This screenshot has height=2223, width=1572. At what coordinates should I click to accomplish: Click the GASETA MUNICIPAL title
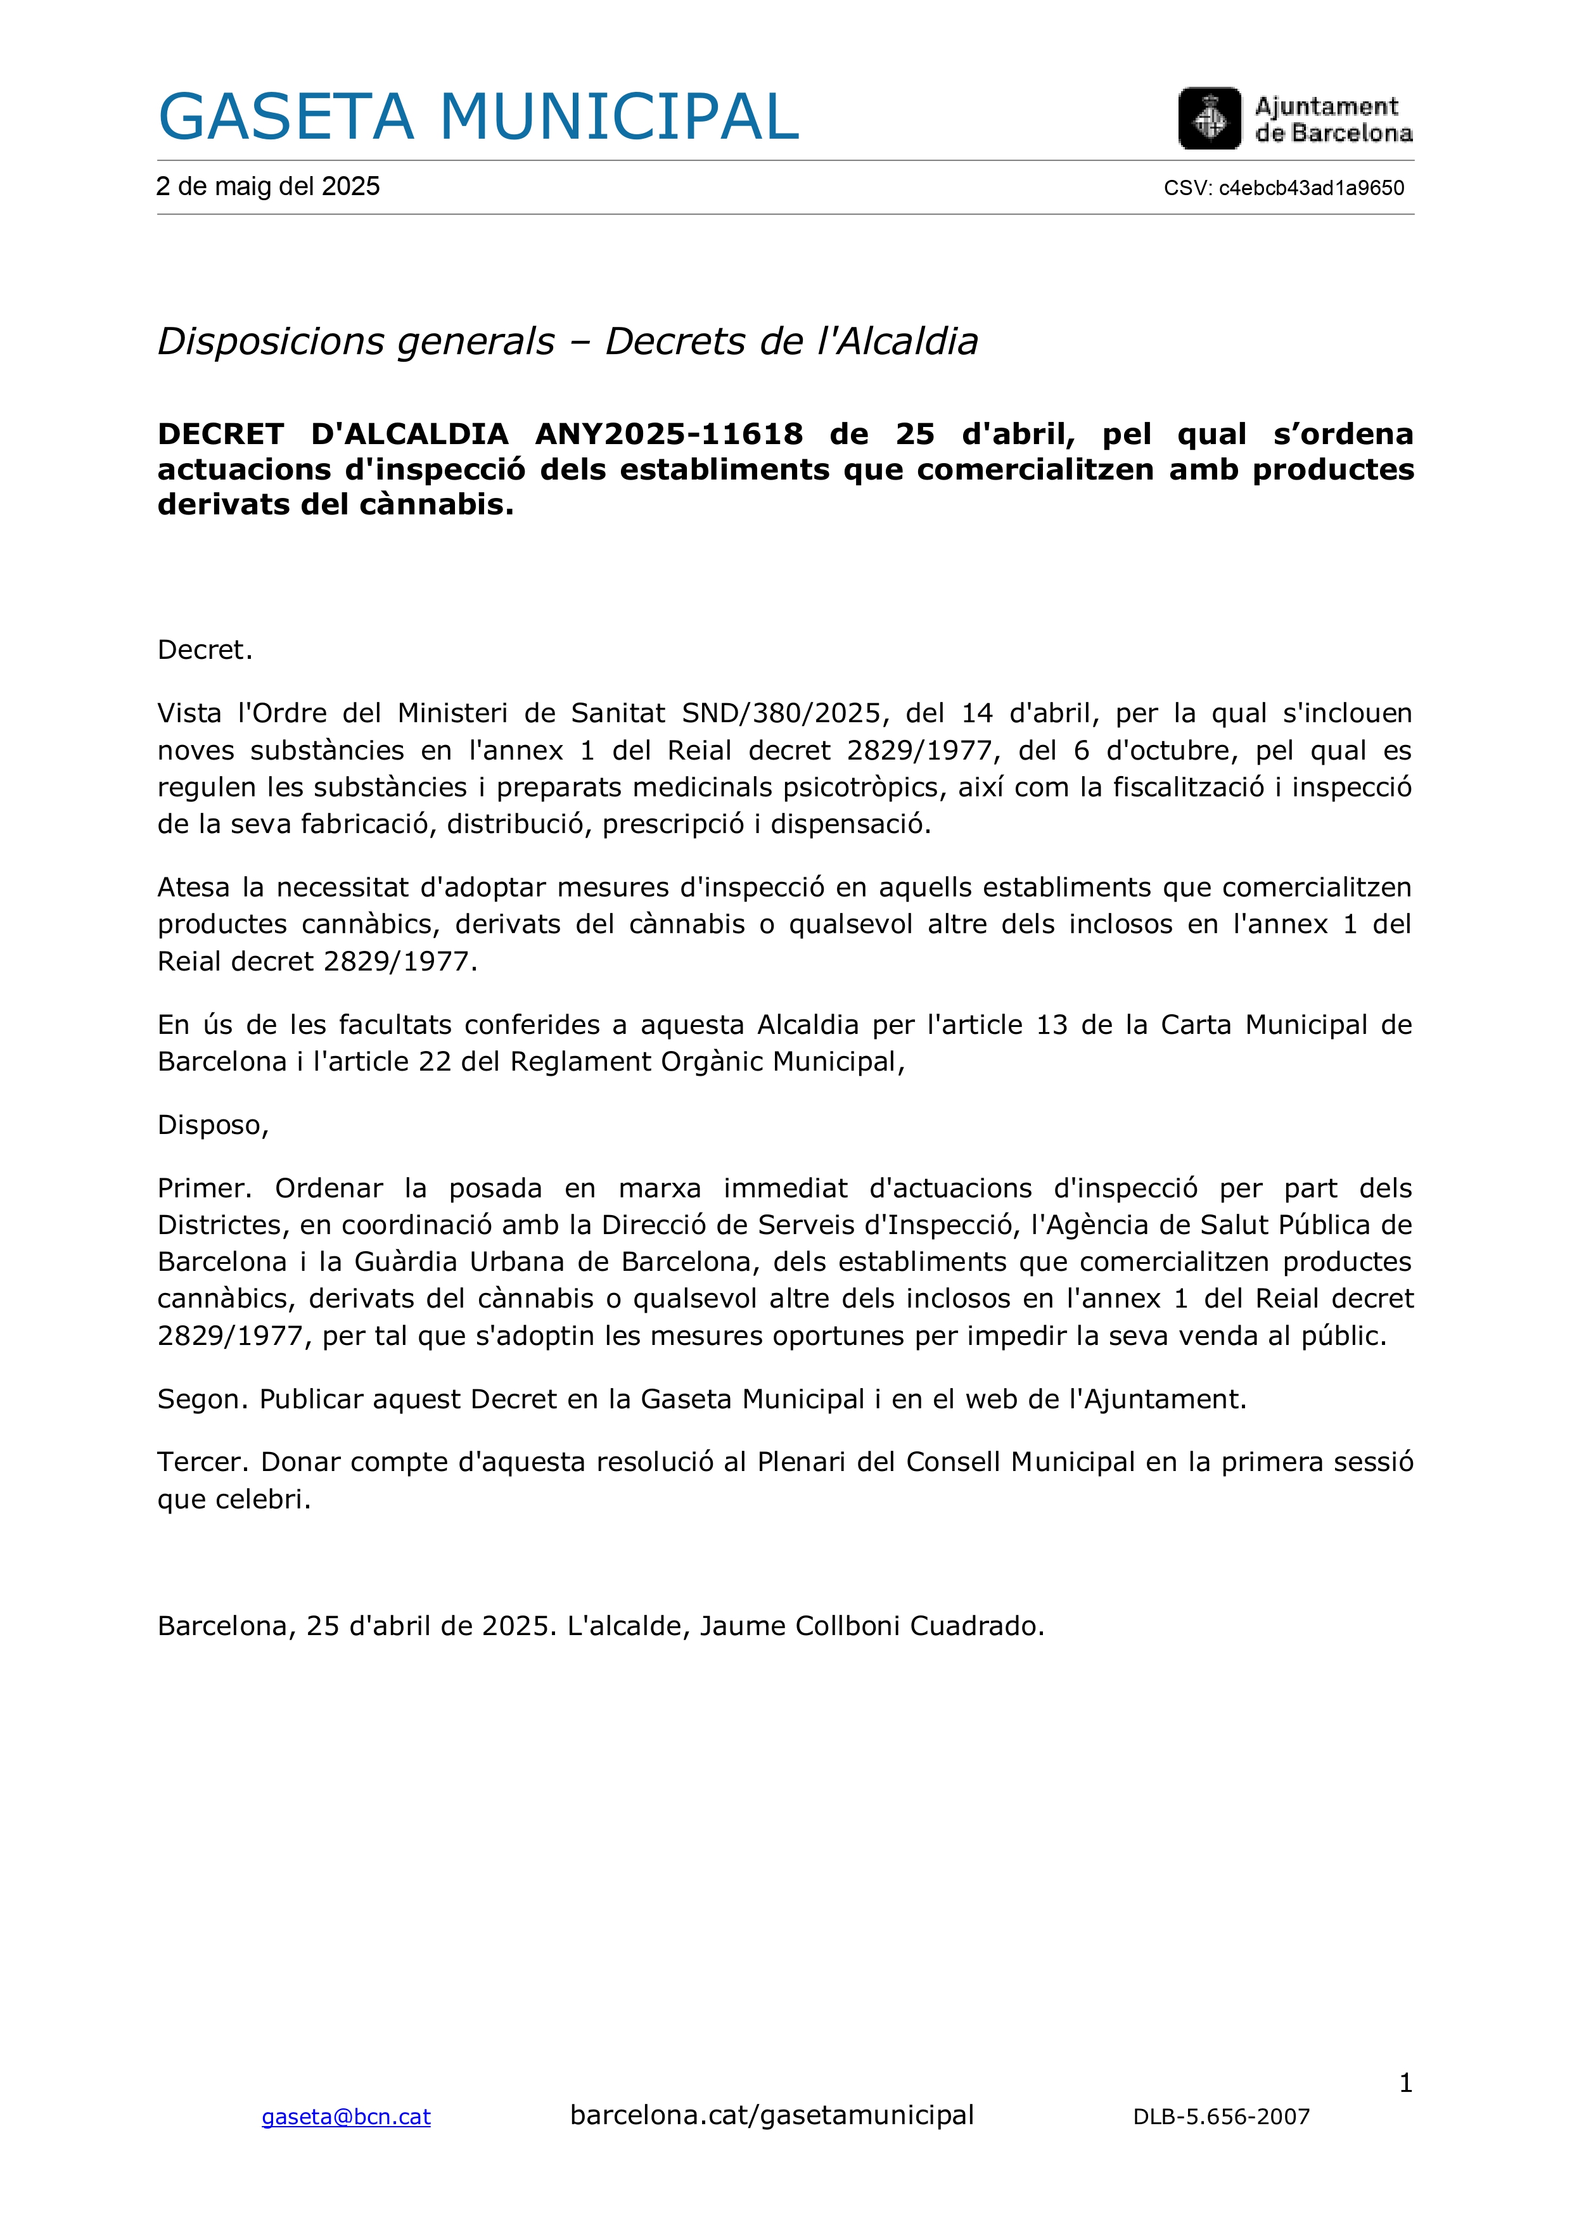click(x=478, y=117)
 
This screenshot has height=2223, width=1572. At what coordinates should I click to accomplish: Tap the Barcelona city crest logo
click(x=1209, y=118)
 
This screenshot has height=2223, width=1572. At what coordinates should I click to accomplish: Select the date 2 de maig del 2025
click(x=268, y=187)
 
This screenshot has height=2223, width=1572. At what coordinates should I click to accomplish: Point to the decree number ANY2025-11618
click(x=668, y=434)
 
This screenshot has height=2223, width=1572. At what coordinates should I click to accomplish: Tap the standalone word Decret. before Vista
click(x=205, y=649)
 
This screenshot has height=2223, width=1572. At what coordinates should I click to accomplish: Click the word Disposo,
click(x=213, y=1125)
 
